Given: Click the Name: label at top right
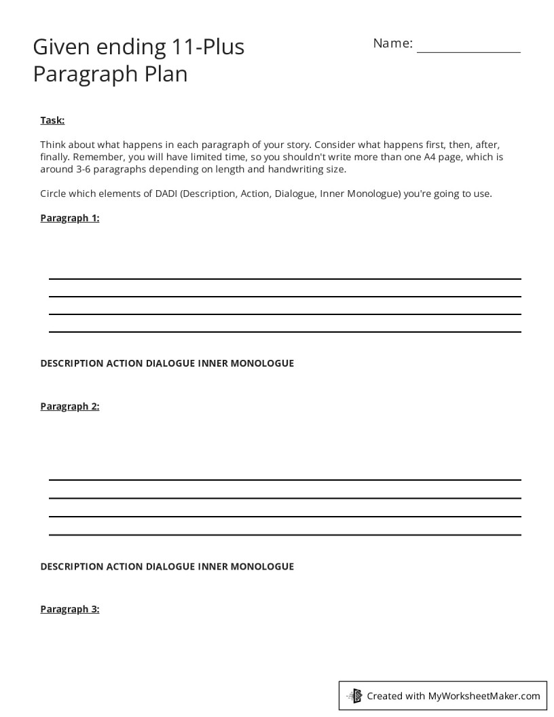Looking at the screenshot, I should point(392,43).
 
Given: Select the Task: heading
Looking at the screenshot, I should point(52,120).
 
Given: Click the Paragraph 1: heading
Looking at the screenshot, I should point(69,218).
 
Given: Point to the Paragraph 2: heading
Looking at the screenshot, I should point(69,406).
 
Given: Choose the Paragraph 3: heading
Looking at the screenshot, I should point(69,609).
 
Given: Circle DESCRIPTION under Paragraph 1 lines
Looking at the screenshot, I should point(71,363).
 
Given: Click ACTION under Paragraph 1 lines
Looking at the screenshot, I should point(124,363).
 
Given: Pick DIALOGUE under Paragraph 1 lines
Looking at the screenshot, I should point(170,363).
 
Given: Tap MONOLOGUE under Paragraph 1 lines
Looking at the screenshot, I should point(262,363).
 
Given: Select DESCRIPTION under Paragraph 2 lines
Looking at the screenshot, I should point(71,566).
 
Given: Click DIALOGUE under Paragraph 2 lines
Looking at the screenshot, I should point(170,566).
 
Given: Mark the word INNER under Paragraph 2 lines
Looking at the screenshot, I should point(213,566).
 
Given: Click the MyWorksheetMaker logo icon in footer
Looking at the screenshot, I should point(354,695).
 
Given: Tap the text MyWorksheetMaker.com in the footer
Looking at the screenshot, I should point(484,696).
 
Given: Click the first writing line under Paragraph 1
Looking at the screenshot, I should point(284,278).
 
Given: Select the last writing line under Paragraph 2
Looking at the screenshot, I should point(284,534).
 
